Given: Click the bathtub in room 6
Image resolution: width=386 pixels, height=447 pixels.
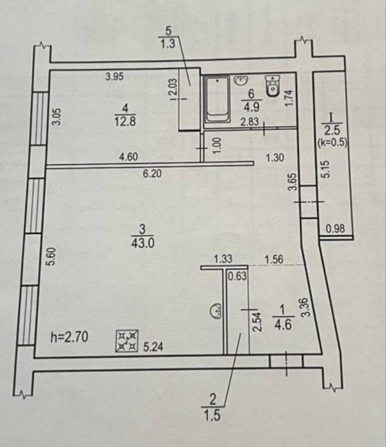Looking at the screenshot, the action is click(x=217, y=99).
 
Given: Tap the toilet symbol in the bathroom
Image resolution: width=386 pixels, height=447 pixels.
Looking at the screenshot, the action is click(x=272, y=86).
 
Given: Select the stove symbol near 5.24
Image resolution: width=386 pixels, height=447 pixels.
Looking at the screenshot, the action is click(x=127, y=341).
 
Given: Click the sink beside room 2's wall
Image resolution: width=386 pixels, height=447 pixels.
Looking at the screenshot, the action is click(x=216, y=312).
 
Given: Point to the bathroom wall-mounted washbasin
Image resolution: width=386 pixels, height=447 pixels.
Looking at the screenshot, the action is click(x=242, y=80).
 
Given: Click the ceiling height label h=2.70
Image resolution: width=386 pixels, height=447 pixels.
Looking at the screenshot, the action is click(x=69, y=337).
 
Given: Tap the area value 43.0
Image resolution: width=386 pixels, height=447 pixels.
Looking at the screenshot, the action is click(x=143, y=244).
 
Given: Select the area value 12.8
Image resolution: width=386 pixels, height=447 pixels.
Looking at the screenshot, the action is click(x=125, y=121).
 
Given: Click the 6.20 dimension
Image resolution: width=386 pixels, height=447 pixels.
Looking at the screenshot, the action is click(x=152, y=173).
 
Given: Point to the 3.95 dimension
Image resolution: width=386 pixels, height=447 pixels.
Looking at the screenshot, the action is click(x=114, y=77).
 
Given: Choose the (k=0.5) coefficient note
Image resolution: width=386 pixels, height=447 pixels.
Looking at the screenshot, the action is click(x=333, y=143).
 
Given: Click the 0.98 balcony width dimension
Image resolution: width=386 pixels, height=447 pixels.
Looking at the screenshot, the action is click(x=335, y=229).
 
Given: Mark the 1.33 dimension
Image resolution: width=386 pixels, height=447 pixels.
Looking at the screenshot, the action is click(x=223, y=259).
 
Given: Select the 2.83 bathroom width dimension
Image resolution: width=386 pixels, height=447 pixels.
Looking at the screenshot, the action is click(x=250, y=121).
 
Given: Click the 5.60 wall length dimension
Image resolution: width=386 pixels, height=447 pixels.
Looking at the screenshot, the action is click(x=51, y=257).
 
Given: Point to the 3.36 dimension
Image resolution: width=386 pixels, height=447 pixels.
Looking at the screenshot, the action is click(x=305, y=308).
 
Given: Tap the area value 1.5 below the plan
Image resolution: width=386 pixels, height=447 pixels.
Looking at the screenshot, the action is click(x=212, y=416).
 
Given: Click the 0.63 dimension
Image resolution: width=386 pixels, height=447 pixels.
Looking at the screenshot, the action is click(x=237, y=276).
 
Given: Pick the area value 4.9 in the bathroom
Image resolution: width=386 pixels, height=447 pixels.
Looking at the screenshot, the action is click(x=251, y=107).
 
